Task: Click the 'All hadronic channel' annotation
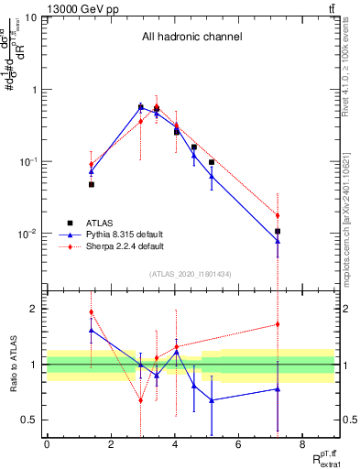click(x=191, y=38)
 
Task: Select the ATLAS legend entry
click(x=100, y=223)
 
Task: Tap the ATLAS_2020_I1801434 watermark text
click(x=191, y=274)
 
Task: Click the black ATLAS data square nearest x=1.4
click(x=92, y=184)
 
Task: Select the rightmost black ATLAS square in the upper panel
click(x=278, y=231)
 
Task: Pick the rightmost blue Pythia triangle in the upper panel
click(x=278, y=241)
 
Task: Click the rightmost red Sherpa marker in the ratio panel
click(x=278, y=324)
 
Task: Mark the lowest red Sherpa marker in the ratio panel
click(x=140, y=400)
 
